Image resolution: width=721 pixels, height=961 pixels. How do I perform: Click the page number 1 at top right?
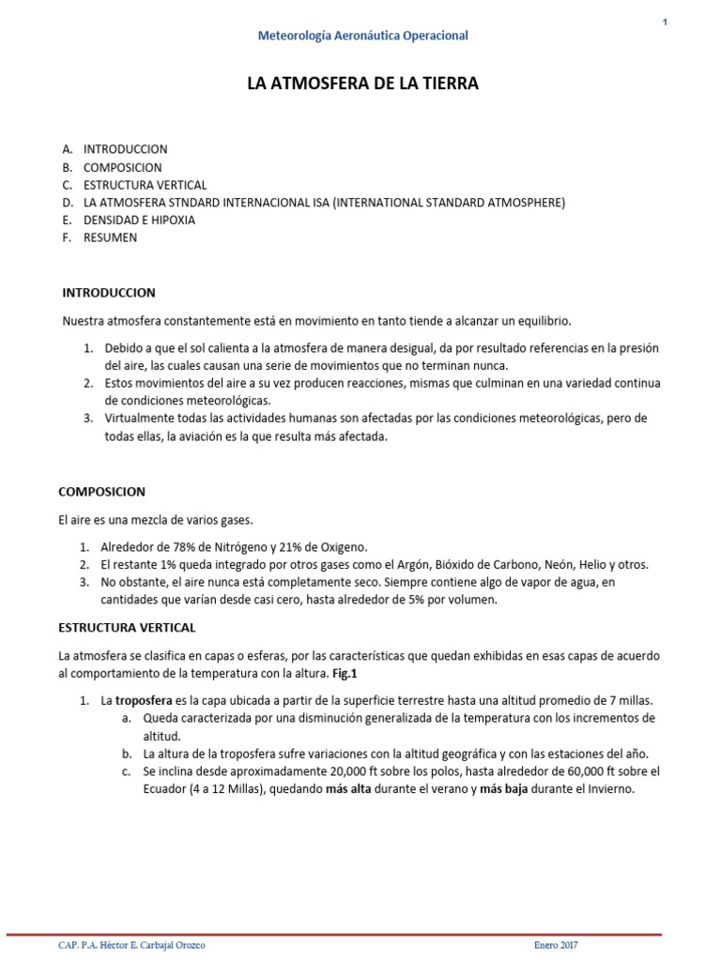pos(665,23)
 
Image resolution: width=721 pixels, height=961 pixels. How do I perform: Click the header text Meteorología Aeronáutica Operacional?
pos(362,36)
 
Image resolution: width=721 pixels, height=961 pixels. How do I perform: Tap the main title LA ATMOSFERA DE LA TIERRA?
pos(362,84)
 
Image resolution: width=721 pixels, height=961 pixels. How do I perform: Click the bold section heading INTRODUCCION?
pos(108,293)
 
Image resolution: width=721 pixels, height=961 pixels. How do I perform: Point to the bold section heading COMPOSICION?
pos(101,492)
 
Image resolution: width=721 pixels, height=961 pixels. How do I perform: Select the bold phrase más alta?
pos(349,789)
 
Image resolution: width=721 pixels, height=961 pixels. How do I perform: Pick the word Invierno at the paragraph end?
pos(610,789)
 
